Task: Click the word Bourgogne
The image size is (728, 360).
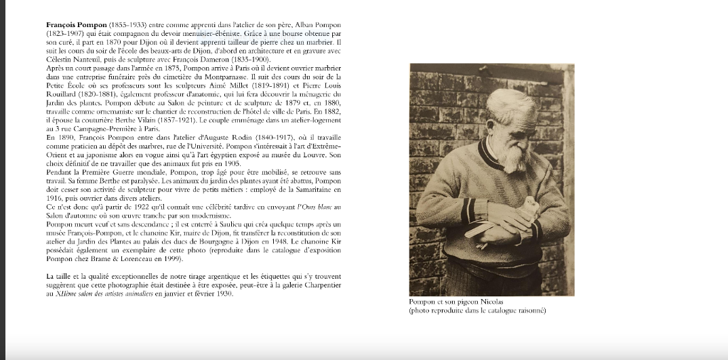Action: [239, 240]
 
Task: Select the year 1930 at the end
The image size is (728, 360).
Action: [223, 294]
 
